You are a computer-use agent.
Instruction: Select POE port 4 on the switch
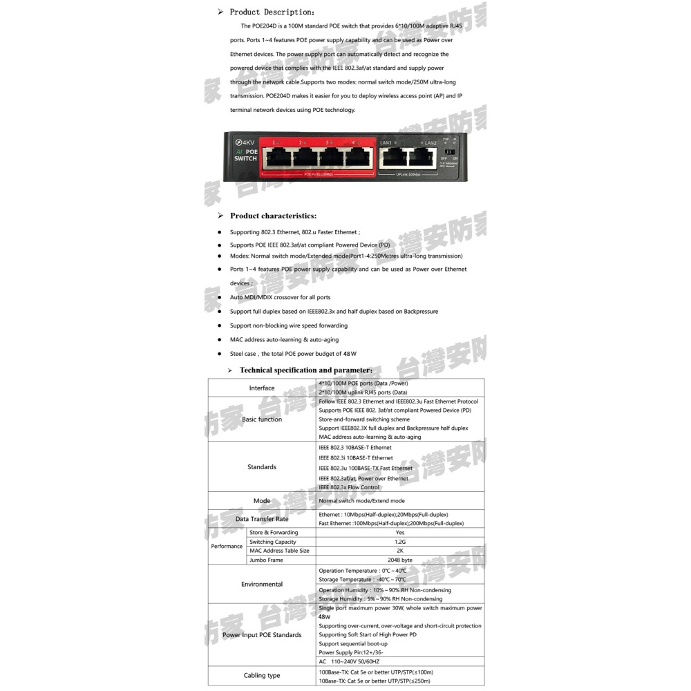coord(357,158)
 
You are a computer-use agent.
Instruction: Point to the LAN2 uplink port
coord(424,158)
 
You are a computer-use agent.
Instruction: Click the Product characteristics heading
coord(273,216)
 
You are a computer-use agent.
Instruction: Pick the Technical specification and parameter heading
coord(305,370)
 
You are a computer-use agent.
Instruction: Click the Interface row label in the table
coord(262,388)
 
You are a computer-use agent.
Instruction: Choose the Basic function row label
coord(262,419)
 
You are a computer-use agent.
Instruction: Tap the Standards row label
coord(262,467)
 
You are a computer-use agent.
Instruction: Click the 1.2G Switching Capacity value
coord(400,542)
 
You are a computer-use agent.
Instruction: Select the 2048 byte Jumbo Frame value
coord(400,560)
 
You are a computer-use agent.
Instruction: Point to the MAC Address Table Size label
coord(279,551)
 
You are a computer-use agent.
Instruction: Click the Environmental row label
coord(262,585)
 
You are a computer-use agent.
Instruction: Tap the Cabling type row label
coord(262,676)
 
